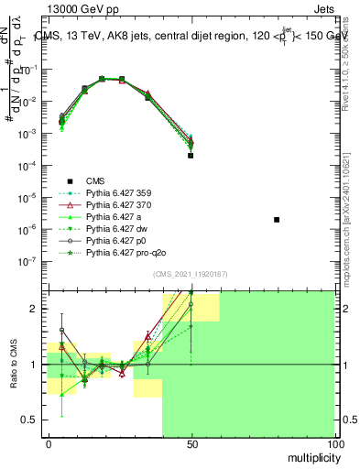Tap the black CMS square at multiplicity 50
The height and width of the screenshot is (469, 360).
(x=191, y=156)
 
